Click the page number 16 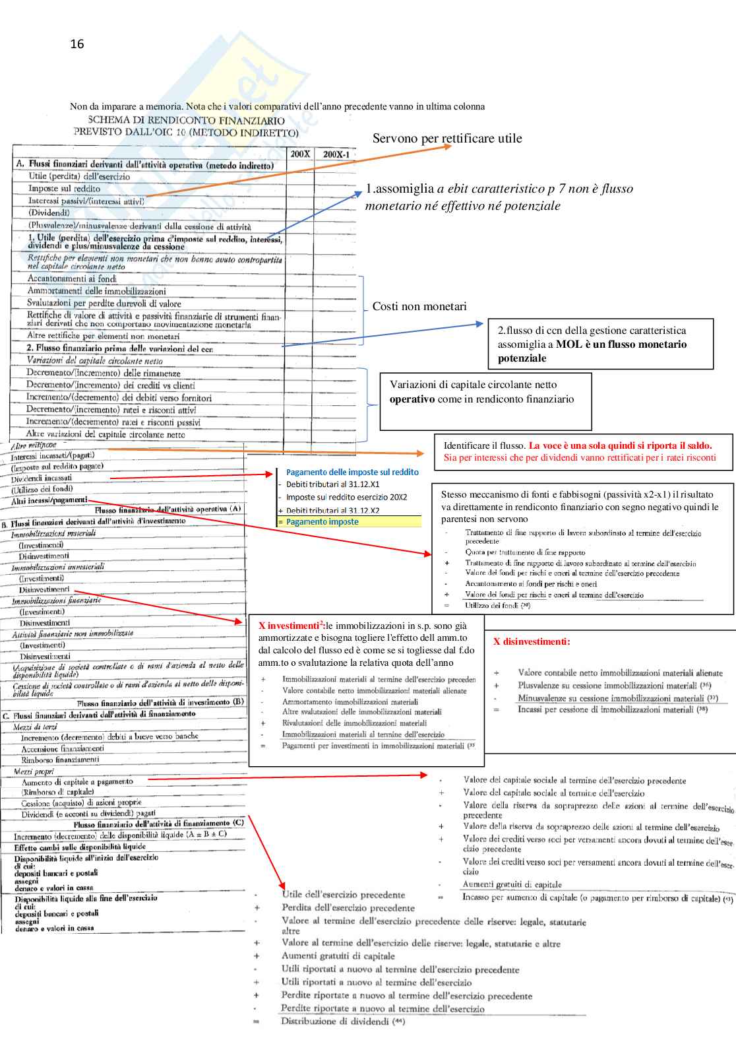click(x=77, y=44)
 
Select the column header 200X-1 click(x=336, y=154)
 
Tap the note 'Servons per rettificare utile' click(x=447, y=139)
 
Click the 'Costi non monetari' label click(x=419, y=306)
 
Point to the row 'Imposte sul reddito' click(x=64, y=188)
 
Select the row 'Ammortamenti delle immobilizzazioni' click(x=96, y=291)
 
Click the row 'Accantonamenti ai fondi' click(x=72, y=278)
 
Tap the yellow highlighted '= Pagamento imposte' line click(x=322, y=522)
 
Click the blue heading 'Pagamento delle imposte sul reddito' click(x=352, y=472)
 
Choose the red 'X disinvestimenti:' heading click(x=532, y=641)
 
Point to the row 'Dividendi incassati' click(x=42, y=478)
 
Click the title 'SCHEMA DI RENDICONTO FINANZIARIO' click(x=186, y=120)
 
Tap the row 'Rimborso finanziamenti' click(x=60, y=760)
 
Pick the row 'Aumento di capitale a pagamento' click(x=77, y=781)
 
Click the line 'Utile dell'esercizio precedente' click(x=343, y=895)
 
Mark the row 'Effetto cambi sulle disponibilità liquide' click(x=80, y=847)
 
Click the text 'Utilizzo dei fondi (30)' click(x=497, y=605)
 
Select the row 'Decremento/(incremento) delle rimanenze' click(x=103, y=373)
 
